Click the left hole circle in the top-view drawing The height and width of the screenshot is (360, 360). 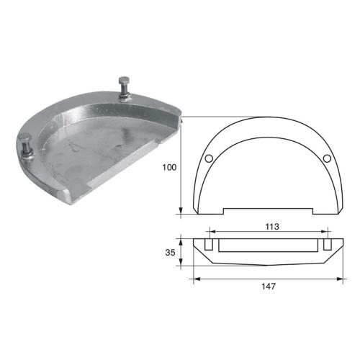point(208,158)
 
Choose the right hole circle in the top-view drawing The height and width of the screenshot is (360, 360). point(326,158)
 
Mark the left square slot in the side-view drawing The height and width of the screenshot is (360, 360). point(208,246)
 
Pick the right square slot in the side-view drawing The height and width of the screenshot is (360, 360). point(327,246)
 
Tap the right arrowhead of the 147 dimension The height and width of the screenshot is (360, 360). point(341,276)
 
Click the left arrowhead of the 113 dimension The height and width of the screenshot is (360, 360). point(210,232)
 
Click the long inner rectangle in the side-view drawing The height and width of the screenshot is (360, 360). point(267,246)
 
